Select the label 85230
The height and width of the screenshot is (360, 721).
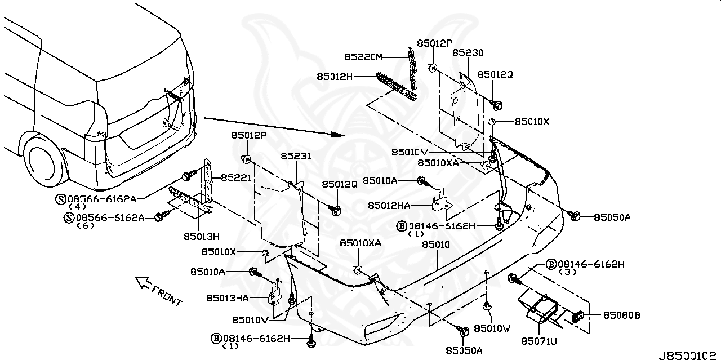click(x=468, y=53)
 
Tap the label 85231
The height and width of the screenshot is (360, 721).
click(x=296, y=157)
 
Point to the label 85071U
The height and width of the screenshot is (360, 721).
click(x=538, y=340)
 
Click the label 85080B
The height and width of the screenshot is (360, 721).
click(x=622, y=315)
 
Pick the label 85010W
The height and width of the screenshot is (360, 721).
click(x=492, y=327)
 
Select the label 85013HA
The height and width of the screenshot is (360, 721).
click(x=228, y=298)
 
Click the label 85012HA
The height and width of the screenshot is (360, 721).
click(x=389, y=206)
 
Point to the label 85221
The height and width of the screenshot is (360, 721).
click(x=236, y=177)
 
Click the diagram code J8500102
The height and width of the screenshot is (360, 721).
click(x=689, y=355)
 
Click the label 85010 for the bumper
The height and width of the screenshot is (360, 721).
click(x=436, y=245)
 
